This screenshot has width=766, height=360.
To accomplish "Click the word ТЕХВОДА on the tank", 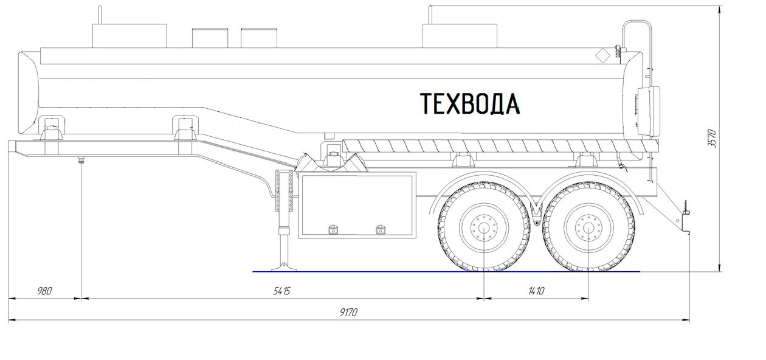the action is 470,103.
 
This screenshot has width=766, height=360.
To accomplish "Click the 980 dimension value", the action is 44,291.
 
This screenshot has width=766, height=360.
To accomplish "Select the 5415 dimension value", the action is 282,291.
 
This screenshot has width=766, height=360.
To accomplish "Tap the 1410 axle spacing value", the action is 536,291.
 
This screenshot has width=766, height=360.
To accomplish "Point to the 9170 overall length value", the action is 348,312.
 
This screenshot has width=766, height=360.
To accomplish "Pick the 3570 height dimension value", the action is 712,138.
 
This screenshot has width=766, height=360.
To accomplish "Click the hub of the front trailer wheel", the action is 484,227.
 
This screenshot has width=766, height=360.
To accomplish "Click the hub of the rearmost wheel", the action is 588,227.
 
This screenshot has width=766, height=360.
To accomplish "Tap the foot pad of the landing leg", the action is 283,267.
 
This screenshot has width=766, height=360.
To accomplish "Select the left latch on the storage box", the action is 333,229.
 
